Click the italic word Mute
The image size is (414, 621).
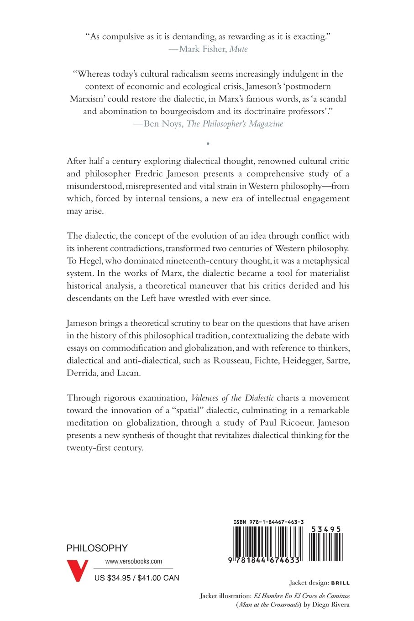pyautogui.click(x=238, y=49)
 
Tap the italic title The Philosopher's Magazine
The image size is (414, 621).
pyautogui.click(x=235, y=124)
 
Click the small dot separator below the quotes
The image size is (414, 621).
pyautogui.click(x=208, y=143)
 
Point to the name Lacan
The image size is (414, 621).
pyautogui.click(x=126, y=373)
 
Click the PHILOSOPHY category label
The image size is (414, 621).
pyautogui.click(x=97, y=548)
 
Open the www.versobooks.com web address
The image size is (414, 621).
pyautogui.click(x=133, y=562)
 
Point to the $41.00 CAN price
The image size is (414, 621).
pyautogui.click(x=158, y=578)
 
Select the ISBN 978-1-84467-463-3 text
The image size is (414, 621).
pyautogui.click(x=268, y=522)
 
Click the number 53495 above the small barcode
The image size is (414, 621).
pyautogui.click(x=326, y=530)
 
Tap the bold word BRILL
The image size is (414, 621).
pyautogui.click(x=341, y=583)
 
